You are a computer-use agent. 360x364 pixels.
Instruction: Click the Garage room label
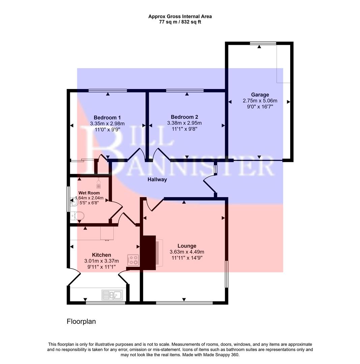[x=260, y=95]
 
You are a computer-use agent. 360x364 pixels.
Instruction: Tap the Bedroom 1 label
[x=107, y=118]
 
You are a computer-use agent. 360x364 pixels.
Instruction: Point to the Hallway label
[x=157, y=180]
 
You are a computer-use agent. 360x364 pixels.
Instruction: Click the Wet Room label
[x=89, y=193]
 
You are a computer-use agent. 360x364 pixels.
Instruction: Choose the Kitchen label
[x=101, y=255]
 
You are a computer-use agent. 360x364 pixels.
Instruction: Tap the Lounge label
[x=187, y=246]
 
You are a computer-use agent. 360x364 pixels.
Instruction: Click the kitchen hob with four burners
[x=133, y=260]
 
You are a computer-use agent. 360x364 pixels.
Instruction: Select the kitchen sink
[x=112, y=295]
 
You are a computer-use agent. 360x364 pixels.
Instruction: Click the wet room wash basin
[x=74, y=202]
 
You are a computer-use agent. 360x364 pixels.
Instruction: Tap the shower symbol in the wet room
[x=99, y=184]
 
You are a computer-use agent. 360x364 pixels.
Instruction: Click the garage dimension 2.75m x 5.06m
[x=260, y=101]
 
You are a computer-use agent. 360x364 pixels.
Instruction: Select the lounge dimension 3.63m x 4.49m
[x=187, y=252]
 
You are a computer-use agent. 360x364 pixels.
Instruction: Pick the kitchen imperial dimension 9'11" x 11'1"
[x=101, y=267]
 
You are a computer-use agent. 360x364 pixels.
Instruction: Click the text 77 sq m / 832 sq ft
[x=180, y=22]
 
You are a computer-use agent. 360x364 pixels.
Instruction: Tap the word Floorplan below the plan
[x=81, y=322]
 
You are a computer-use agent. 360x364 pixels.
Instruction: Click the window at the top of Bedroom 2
[x=185, y=90]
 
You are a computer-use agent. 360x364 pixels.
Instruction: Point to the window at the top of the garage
[x=263, y=43]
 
